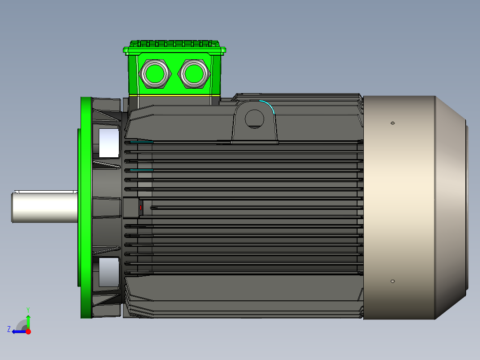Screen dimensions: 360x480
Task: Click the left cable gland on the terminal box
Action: [155, 74]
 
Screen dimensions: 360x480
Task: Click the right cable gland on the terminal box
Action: [194, 74]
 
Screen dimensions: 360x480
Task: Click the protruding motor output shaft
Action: [45, 207]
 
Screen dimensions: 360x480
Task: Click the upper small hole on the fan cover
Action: [392, 123]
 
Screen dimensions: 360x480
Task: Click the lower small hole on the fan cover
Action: [392, 281]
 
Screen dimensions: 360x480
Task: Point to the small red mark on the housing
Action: [141, 208]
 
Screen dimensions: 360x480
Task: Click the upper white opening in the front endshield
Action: [109, 143]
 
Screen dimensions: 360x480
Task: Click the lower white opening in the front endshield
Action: [109, 272]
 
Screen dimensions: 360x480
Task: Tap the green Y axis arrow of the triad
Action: [28, 320]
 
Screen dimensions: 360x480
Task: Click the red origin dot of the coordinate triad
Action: [28, 331]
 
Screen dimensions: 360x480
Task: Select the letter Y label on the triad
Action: [28, 309]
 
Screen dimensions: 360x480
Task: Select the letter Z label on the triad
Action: [8, 329]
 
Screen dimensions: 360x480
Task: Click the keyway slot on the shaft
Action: [45, 192]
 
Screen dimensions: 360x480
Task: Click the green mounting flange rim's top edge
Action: [86, 99]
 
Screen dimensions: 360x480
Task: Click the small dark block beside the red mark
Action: [131, 208]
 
